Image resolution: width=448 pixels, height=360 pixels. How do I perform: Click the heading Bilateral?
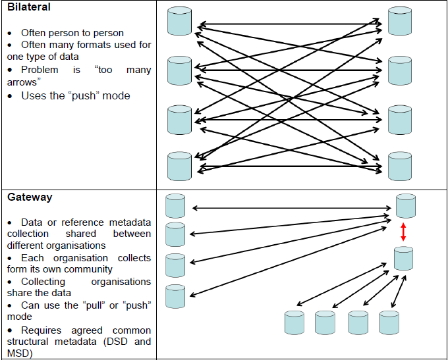(x=28, y=7)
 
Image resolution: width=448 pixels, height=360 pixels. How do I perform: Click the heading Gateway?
(x=30, y=197)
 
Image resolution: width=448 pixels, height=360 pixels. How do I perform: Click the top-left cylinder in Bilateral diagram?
(x=179, y=21)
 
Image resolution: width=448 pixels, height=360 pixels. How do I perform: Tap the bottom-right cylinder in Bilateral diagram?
(x=399, y=165)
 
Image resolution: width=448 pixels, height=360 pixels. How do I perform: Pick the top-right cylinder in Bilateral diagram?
(x=399, y=21)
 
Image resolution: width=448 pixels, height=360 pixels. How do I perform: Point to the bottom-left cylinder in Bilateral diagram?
(x=179, y=165)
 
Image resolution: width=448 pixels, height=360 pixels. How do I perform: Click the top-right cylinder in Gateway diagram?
(x=405, y=206)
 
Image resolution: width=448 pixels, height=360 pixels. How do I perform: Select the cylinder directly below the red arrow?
(x=403, y=258)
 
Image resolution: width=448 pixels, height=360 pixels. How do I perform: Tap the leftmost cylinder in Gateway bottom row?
(x=294, y=322)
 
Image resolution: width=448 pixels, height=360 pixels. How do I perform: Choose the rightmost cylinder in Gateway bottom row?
(x=389, y=322)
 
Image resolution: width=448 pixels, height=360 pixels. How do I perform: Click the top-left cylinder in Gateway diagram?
(x=175, y=206)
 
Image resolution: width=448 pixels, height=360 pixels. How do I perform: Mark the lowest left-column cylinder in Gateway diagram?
(x=175, y=296)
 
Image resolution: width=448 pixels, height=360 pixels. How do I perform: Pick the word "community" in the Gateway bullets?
(x=89, y=269)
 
